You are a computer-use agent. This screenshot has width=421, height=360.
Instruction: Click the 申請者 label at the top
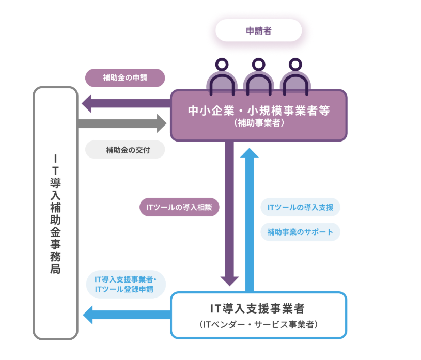(x=258, y=30)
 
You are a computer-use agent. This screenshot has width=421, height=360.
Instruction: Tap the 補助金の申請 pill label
(x=124, y=78)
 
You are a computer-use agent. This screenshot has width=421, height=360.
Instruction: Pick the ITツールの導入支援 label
(x=300, y=208)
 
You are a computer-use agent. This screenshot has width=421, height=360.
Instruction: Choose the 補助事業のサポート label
(x=300, y=232)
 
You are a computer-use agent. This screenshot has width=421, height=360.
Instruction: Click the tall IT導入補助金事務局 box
(x=55, y=212)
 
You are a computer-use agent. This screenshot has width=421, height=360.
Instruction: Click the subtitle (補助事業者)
(x=258, y=123)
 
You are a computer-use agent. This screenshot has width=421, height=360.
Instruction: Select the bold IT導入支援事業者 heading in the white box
(x=258, y=309)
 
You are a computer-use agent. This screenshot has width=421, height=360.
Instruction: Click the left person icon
(x=221, y=77)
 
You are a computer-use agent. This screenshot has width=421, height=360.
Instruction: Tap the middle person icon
(x=258, y=77)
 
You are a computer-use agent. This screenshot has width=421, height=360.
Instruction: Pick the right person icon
(x=295, y=77)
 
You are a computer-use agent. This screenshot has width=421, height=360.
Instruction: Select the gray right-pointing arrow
(x=122, y=123)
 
